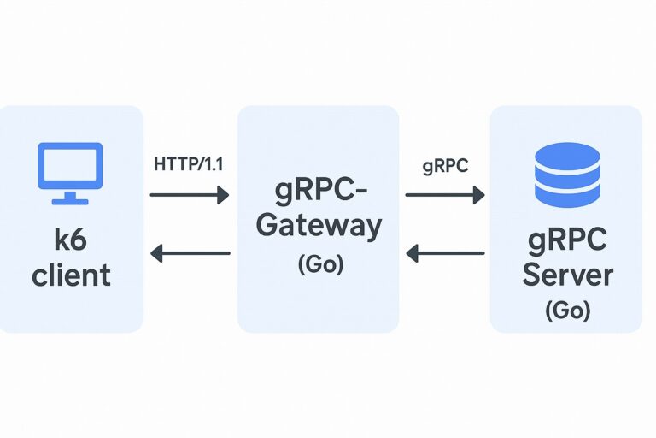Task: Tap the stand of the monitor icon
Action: (69, 198)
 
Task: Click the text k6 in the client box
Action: (69, 240)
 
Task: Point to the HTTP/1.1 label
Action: (189, 164)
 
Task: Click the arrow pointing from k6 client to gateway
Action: (190, 196)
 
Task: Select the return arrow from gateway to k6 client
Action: (190, 253)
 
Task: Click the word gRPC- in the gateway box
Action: (318, 188)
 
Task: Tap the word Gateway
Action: (318, 226)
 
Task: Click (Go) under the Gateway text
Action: (319, 264)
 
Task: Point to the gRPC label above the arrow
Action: (445, 166)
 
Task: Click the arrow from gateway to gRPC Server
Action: (444, 196)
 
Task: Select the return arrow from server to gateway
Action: (444, 253)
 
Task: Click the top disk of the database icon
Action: (565, 157)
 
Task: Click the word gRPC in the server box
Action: (567, 240)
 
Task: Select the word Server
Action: (567, 275)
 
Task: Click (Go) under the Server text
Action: (567, 310)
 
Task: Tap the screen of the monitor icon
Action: (69, 165)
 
